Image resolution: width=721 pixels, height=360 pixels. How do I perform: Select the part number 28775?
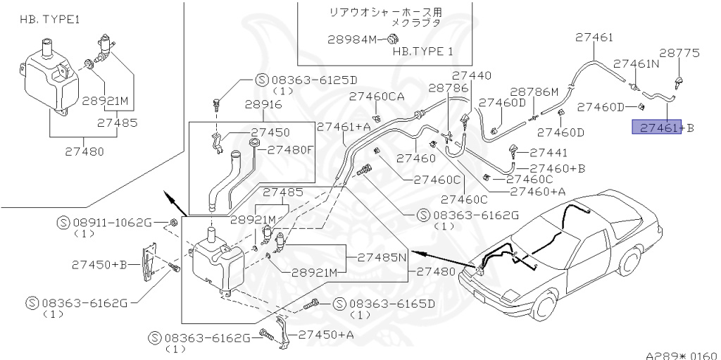click(679, 53)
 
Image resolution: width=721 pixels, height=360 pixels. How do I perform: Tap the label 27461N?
click(636, 63)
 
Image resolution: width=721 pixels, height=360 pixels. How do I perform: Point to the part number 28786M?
click(534, 92)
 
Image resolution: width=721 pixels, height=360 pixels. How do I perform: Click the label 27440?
click(471, 75)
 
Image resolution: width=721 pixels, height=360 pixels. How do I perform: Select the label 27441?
click(548, 151)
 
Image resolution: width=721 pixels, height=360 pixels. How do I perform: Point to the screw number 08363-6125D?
click(313, 80)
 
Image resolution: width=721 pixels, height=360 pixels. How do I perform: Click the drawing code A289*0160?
click(681, 354)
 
